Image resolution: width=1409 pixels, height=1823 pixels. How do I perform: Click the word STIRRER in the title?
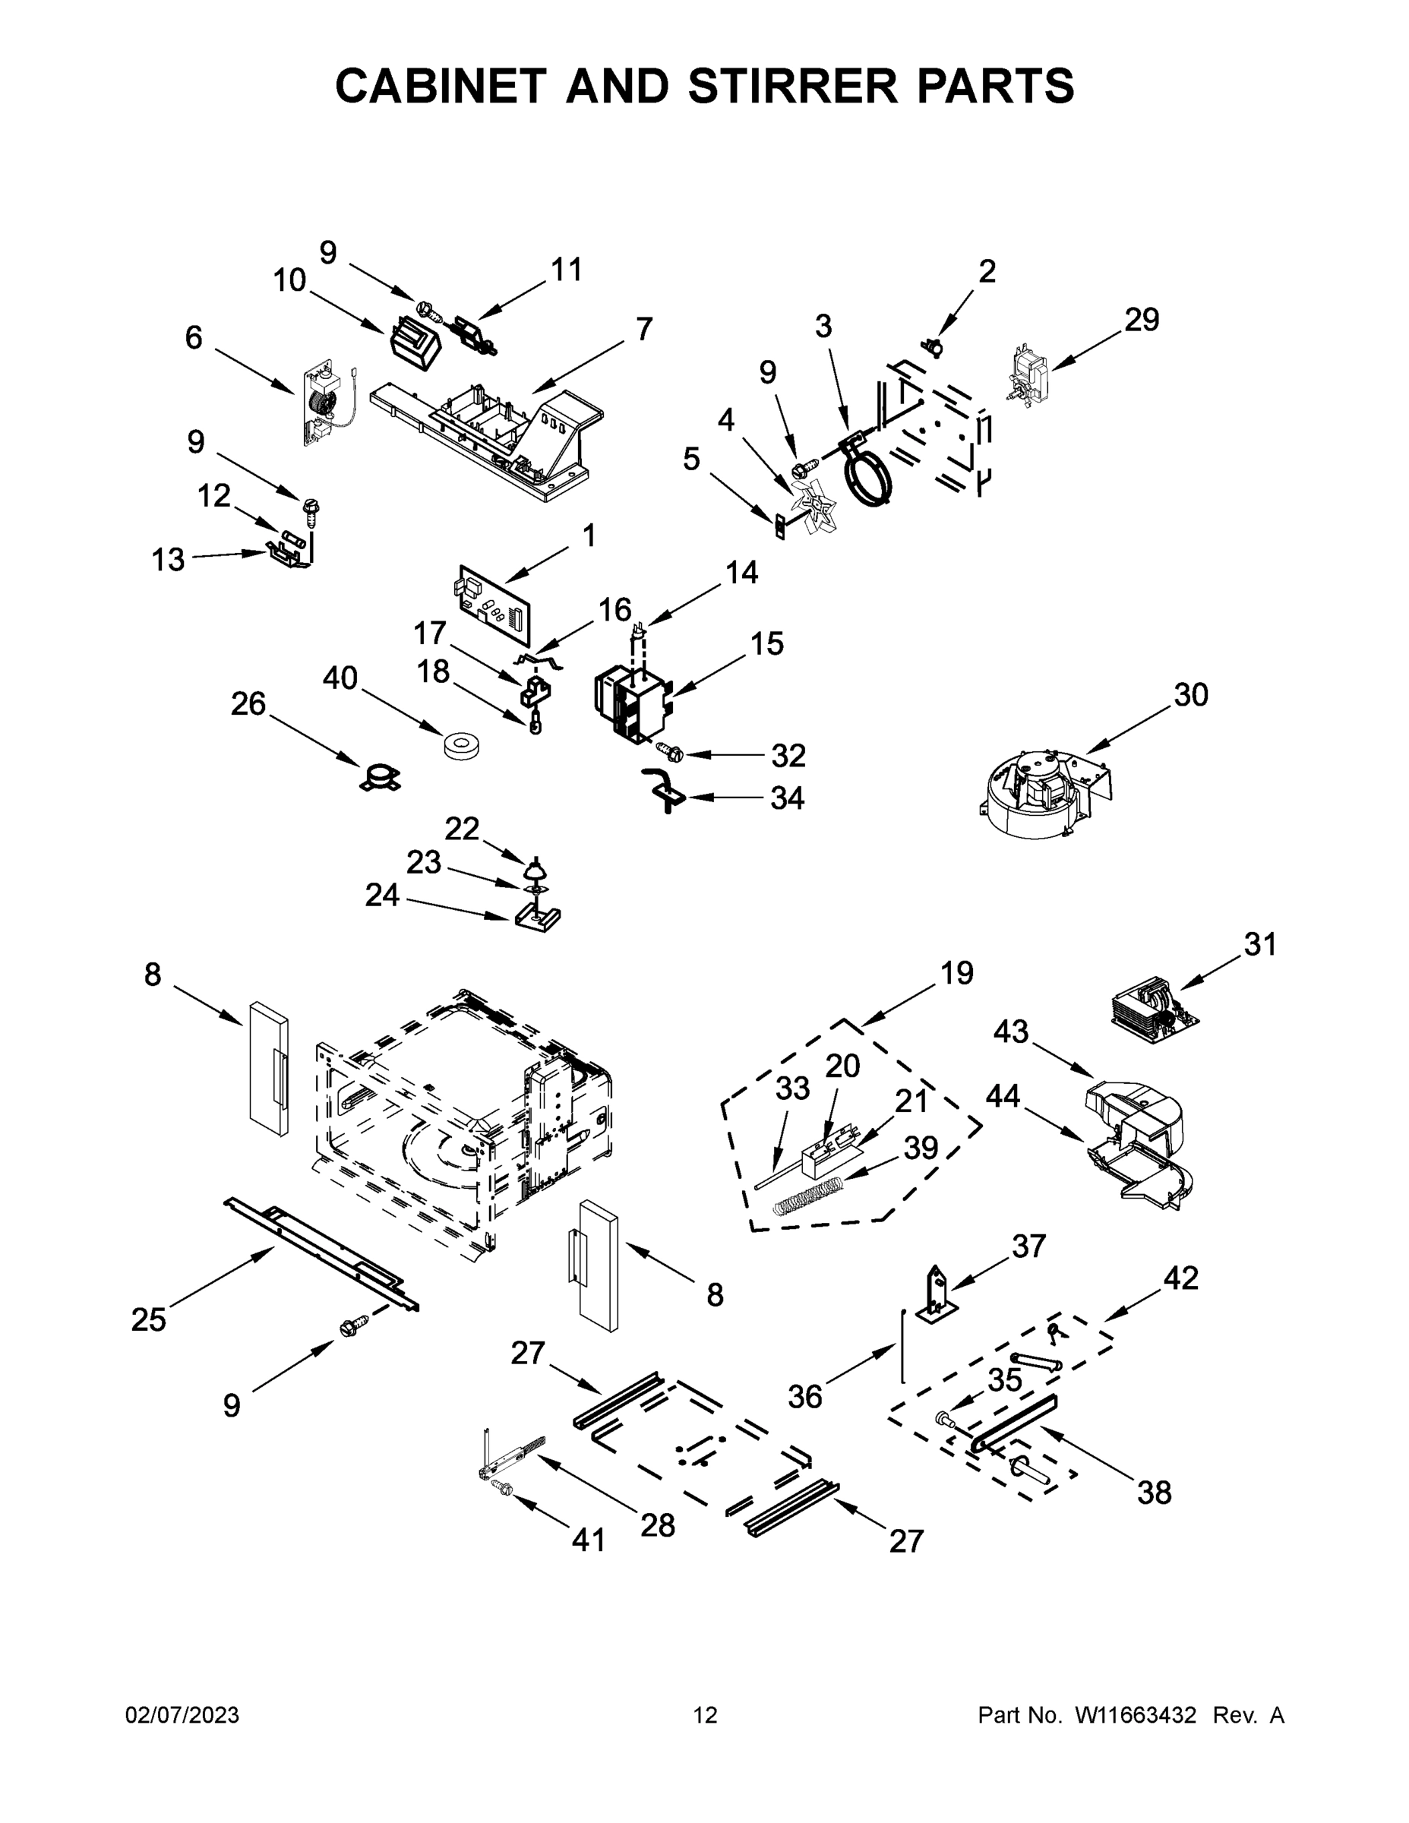(x=793, y=86)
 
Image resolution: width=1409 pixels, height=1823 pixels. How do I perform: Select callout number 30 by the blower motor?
(x=1191, y=694)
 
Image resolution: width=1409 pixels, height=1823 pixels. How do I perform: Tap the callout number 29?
(x=1141, y=320)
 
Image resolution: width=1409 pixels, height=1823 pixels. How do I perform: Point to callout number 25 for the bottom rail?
(x=149, y=1319)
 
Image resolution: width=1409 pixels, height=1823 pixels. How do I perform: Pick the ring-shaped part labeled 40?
(x=457, y=745)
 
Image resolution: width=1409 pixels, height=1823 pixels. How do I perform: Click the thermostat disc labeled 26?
(x=380, y=777)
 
